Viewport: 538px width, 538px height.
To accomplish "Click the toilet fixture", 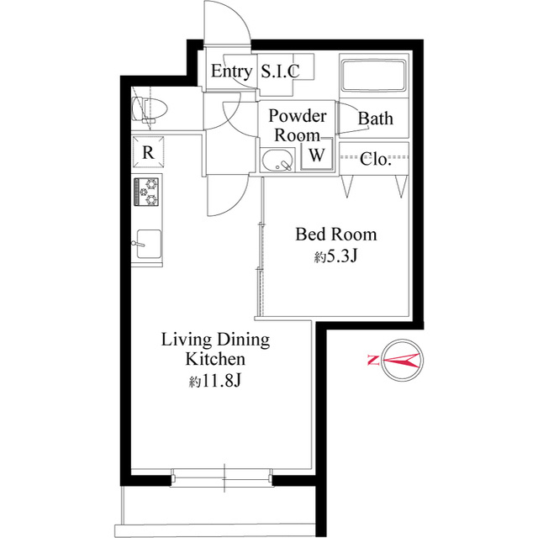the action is pyautogui.click(x=150, y=109).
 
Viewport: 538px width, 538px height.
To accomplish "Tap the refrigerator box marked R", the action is pyautogui.click(x=148, y=152).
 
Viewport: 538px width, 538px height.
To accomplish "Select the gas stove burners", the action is pyautogui.click(x=146, y=192).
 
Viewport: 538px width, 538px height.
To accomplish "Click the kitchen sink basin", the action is pyautogui.click(x=149, y=244).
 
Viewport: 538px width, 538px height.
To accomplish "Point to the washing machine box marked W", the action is pyautogui.click(x=317, y=154).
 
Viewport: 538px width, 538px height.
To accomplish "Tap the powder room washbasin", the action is pyautogui.click(x=277, y=161).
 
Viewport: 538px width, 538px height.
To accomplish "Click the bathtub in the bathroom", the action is pyautogui.click(x=373, y=76).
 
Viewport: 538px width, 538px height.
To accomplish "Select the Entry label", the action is pyautogui.click(x=231, y=71).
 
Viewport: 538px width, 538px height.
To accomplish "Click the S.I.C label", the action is pyautogui.click(x=280, y=71).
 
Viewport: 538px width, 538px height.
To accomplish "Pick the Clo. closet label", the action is pyautogui.click(x=376, y=159).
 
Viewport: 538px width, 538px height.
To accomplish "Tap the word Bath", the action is pyautogui.click(x=376, y=119).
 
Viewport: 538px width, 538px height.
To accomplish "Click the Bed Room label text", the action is pyautogui.click(x=336, y=235).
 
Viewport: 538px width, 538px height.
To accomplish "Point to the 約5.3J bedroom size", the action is pyautogui.click(x=336, y=256).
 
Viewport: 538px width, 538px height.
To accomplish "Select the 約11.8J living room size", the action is pyautogui.click(x=215, y=381).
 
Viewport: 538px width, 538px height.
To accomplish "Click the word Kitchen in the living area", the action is pyautogui.click(x=215, y=359).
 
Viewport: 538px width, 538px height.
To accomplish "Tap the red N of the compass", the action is pyautogui.click(x=372, y=361).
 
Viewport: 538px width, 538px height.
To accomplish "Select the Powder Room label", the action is pyautogui.click(x=297, y=125).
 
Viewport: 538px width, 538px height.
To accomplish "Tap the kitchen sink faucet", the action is pyautogui.click(x=138, y=244).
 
